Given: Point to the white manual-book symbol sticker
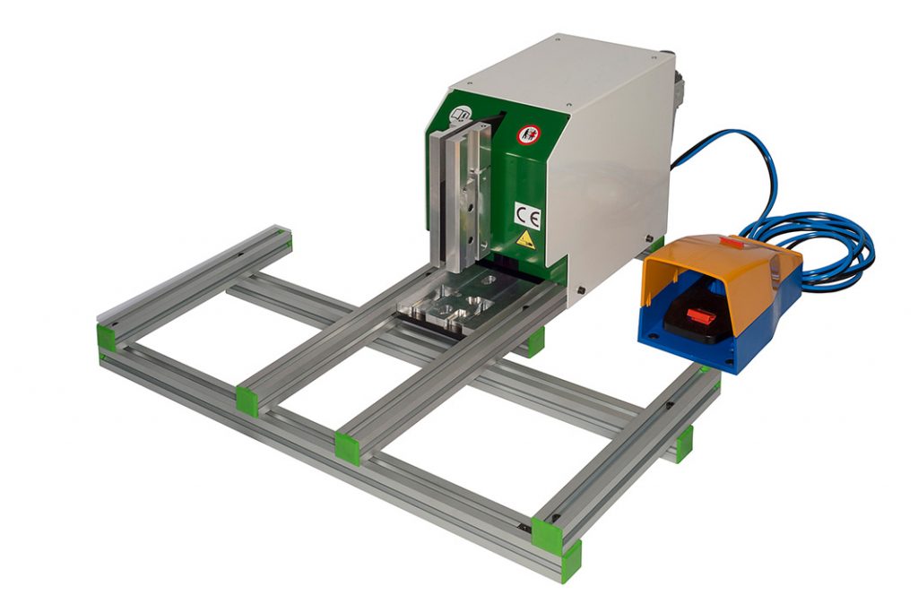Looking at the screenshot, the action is [x=463, y=115].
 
